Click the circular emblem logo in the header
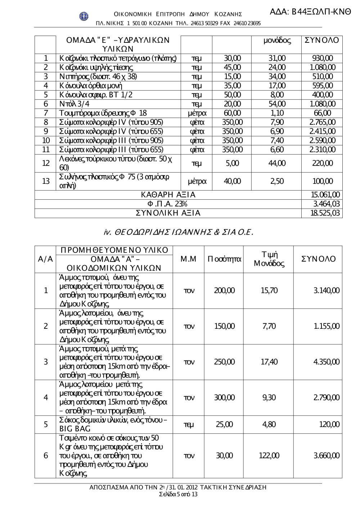(84, 16)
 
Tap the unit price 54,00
(276, 104)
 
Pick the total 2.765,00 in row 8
(322, 122)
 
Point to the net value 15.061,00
(325, 195)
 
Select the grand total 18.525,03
(325, 213)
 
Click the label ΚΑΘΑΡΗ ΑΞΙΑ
(168, 195)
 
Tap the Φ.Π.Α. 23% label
(168, 204)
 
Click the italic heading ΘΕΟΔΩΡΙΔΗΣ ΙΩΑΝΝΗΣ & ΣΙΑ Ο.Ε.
(178, 233)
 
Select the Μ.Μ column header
(188, 259)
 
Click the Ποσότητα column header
(224, 259)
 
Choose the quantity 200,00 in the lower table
(224, 290)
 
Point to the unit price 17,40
(269, 362)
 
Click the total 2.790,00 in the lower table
(326, 397)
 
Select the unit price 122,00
(269, 456)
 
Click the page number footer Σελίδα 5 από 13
(178, 494)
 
